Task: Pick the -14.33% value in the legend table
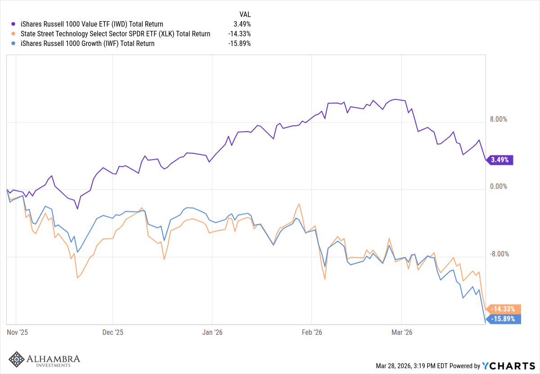[x=240, y=34]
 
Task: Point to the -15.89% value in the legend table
[x=240, y=44]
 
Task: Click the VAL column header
[x=245, y=14]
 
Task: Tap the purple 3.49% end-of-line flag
[x=501, y=160]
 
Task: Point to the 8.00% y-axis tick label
[x=499, y=119]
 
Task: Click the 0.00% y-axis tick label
[x=499, y=187]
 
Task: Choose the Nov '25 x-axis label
[x=18, y=333]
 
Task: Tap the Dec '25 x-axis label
[x=113, y=333]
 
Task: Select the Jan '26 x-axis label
[x=212, y=333]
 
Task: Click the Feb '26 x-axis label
[x=312, y=333]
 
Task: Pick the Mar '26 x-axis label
[x=402, y=333]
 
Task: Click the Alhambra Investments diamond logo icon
[x=17, y=359]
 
